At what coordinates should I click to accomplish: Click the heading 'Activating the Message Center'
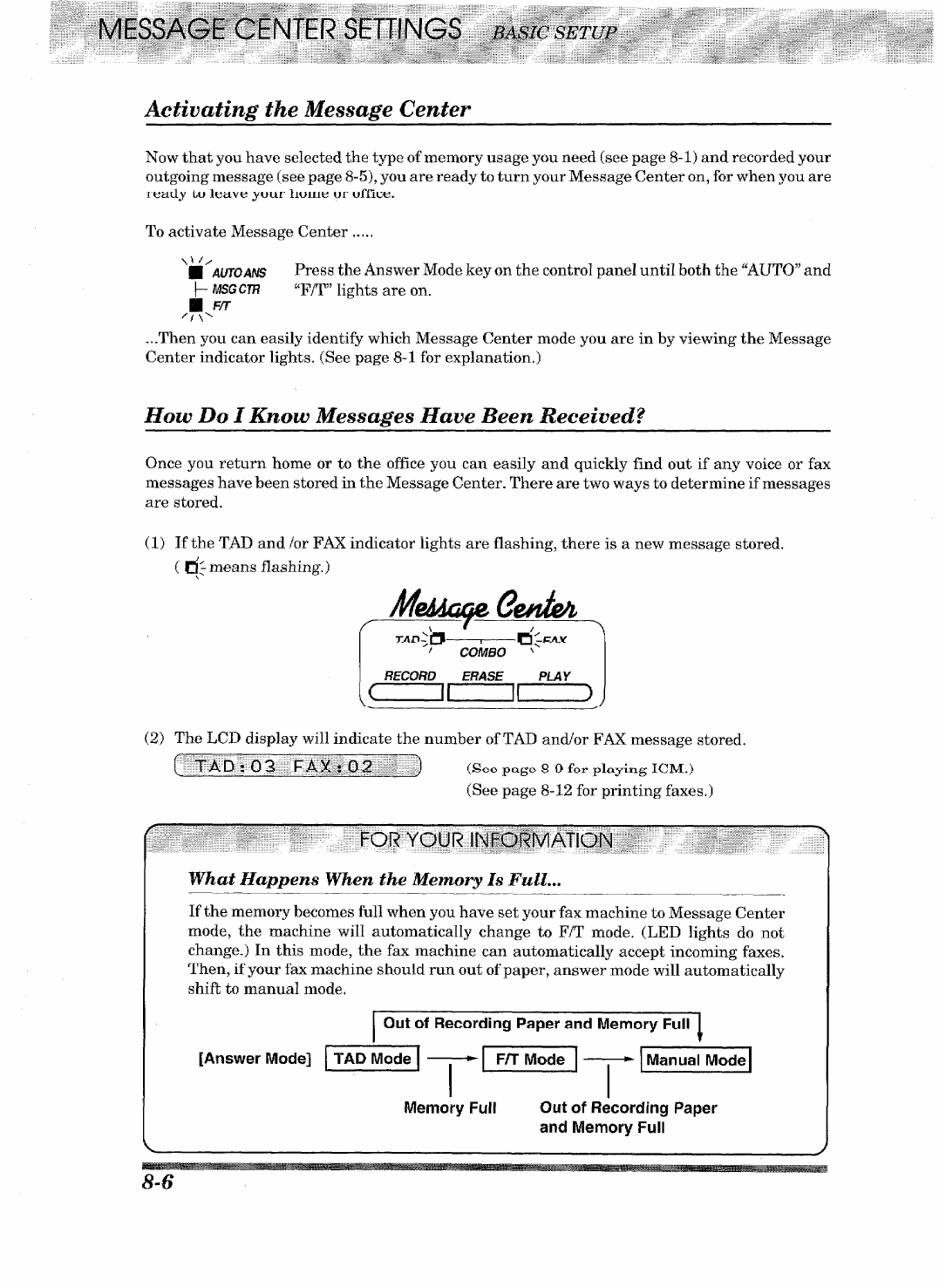pyautogui.click(x=308, y=109)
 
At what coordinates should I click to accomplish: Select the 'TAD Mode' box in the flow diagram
pyautogui.click(x=372, y=1060)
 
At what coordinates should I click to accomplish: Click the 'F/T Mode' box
pyautogui.click(x=530, y=1060)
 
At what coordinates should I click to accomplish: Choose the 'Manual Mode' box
pyautogui.click(x=696, y=1060)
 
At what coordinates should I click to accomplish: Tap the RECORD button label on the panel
pyautogui.click(x=410, y=676)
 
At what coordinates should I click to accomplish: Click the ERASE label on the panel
pyautogui.click(x=482, y=676)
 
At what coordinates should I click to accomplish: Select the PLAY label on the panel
pyautogui.click(x=555, y=676)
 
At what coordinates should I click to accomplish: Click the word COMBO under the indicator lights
pyautogui.click(x=482, y=652)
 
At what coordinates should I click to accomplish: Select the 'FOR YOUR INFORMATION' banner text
pyautogui.click(x=487, y=842)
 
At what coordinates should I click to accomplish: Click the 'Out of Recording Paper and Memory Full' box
pyautogui.click(x=536, y=1024)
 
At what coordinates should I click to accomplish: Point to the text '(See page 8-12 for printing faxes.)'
pyautogui.click(x=590, y=791)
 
